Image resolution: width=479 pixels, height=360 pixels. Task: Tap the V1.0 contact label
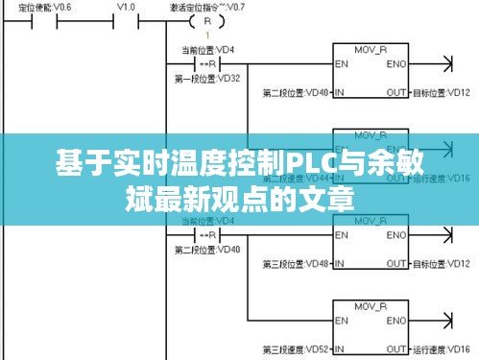[x=126, y=6]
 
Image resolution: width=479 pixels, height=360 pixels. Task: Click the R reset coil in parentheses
[x=206, y=21]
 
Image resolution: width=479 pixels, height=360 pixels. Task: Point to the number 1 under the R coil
[x=206, y=36]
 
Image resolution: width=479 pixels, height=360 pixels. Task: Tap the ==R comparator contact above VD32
[x=206, y=64]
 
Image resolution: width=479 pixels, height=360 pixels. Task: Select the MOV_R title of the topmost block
[x=370, y=48]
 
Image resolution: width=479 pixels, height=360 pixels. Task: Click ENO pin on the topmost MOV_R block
[x=395, y=64]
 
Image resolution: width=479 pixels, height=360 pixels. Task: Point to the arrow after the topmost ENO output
[x=444, y=64]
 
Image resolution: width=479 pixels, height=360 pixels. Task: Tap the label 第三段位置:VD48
[x=297, y=264]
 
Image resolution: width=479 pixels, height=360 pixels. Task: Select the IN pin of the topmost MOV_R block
[x=340, y=93]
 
